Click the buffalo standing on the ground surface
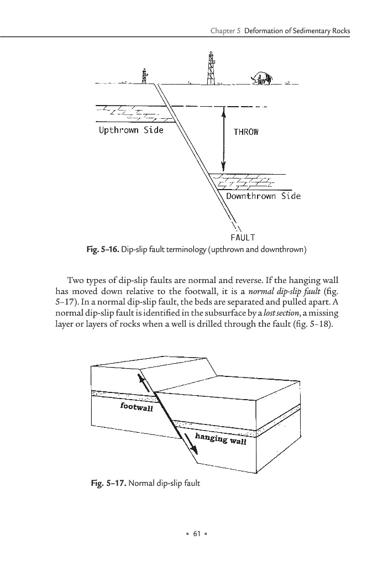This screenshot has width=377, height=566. pyautogui.click(x=261, y=78)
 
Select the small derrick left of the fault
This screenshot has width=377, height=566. pyautogui.click(x=144, y=77)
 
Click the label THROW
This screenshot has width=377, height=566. pyautogui.click(x=245, y=132)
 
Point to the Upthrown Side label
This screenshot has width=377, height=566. pyautogui.click(x=131, y=130)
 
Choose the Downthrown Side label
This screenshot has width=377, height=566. pyautogui.click(x=263, y=196)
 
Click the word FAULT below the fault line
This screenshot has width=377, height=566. pyautogui.click(x=243, y=238)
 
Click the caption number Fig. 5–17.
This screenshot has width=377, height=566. pyautogui.click(x=108, y=484)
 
